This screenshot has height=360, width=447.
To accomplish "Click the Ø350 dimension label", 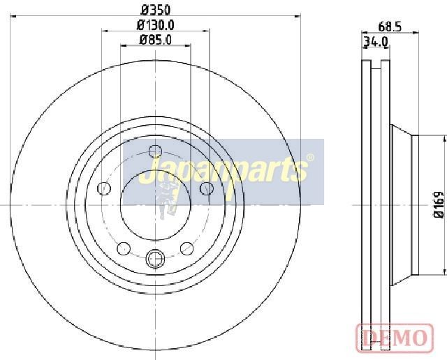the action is [155, 10].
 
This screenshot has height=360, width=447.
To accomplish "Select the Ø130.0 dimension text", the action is [155, 25].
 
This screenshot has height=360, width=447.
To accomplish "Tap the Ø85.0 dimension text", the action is [155, 40].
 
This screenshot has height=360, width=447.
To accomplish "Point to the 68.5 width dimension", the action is [390, 27].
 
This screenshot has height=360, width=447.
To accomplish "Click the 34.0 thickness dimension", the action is [376, 42].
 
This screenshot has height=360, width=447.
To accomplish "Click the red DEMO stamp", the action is [395, 337].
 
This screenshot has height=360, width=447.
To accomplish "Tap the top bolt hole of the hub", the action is [155, 151].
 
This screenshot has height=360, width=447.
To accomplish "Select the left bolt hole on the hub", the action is [104, 188].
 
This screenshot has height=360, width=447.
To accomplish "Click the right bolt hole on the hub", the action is [207, 188].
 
